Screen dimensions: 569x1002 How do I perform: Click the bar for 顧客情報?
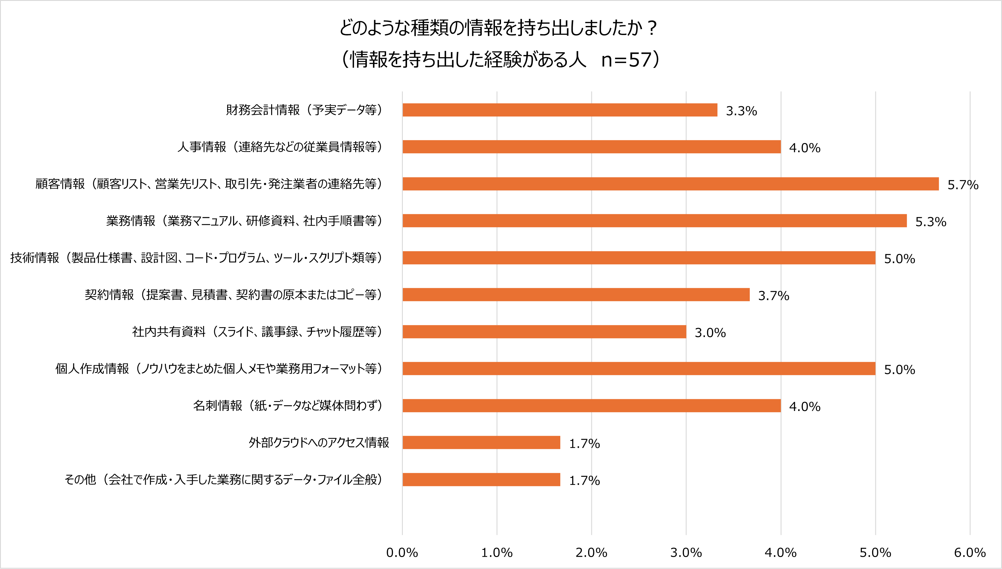tap(670, 184)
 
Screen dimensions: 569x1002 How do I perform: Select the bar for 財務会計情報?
tap(560, 110)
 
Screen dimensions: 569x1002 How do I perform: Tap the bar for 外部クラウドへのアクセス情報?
tap(481, 442)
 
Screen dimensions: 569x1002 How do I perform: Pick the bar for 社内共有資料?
tap(544, 332)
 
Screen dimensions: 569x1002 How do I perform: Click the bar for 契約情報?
tap(576, 295)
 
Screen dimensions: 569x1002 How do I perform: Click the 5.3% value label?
tap(930, 221)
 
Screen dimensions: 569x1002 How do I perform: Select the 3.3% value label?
tap(741, 111)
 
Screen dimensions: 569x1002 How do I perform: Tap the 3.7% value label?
tap(773, 296)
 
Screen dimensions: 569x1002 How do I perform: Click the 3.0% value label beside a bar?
tap(710, 333)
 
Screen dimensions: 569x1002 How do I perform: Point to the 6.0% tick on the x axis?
tap(970, 553)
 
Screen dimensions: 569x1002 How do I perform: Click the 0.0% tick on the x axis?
tap(402, 553)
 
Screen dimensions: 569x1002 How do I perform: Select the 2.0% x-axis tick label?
tap(591, 553)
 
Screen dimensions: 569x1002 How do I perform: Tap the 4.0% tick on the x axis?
tap(781, 553)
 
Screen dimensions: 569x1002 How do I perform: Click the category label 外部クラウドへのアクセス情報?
tap(319, 442)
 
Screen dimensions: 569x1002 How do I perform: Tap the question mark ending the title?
tap(651, 28)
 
